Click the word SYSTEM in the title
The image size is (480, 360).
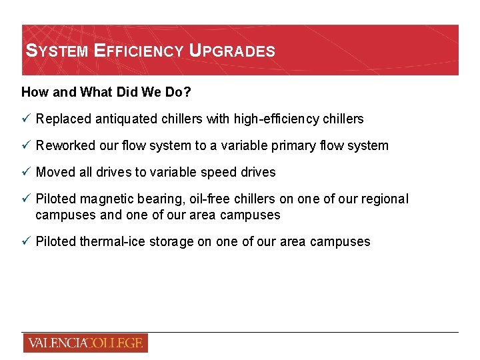(57, 51)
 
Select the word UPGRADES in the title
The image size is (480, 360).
(232, 51)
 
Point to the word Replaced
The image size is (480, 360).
(64, 119)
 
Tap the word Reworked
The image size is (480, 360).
(65, 145)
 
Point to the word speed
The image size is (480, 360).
(217, 172)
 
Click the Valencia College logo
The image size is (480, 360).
(85, 343)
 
